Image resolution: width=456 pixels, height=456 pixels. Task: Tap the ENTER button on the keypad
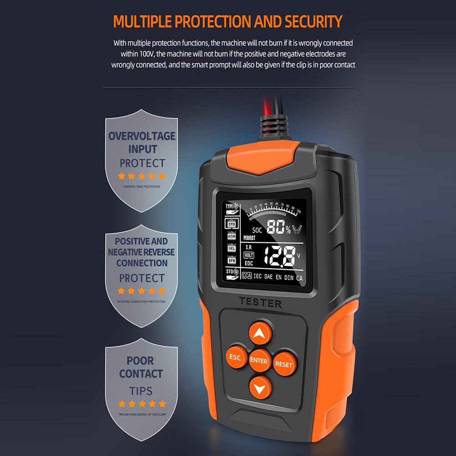(x=259, y=361)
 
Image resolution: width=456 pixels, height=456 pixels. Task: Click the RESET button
(x=283, y=364)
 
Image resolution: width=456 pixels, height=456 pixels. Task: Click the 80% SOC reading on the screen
(x=278, y=226)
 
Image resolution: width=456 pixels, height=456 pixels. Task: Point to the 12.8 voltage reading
(x=280, y=257)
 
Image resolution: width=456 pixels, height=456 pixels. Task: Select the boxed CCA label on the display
(x=247, y=276)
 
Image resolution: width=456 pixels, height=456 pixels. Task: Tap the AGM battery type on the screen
(x=231, y=236)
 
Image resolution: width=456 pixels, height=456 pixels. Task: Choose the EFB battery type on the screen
(x=231, y=260)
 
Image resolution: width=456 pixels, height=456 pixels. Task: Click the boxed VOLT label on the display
(x=249, y=255)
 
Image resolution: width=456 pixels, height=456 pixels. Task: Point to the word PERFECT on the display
(x=249, y=238)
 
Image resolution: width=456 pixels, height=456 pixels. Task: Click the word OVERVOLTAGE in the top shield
(x=142, y=136)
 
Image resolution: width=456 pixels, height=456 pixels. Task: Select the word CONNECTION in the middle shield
(x=142, y=263)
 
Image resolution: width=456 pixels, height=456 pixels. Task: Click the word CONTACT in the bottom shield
(x=141, y=374)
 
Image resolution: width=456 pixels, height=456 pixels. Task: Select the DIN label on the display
(x=289, y=277)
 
